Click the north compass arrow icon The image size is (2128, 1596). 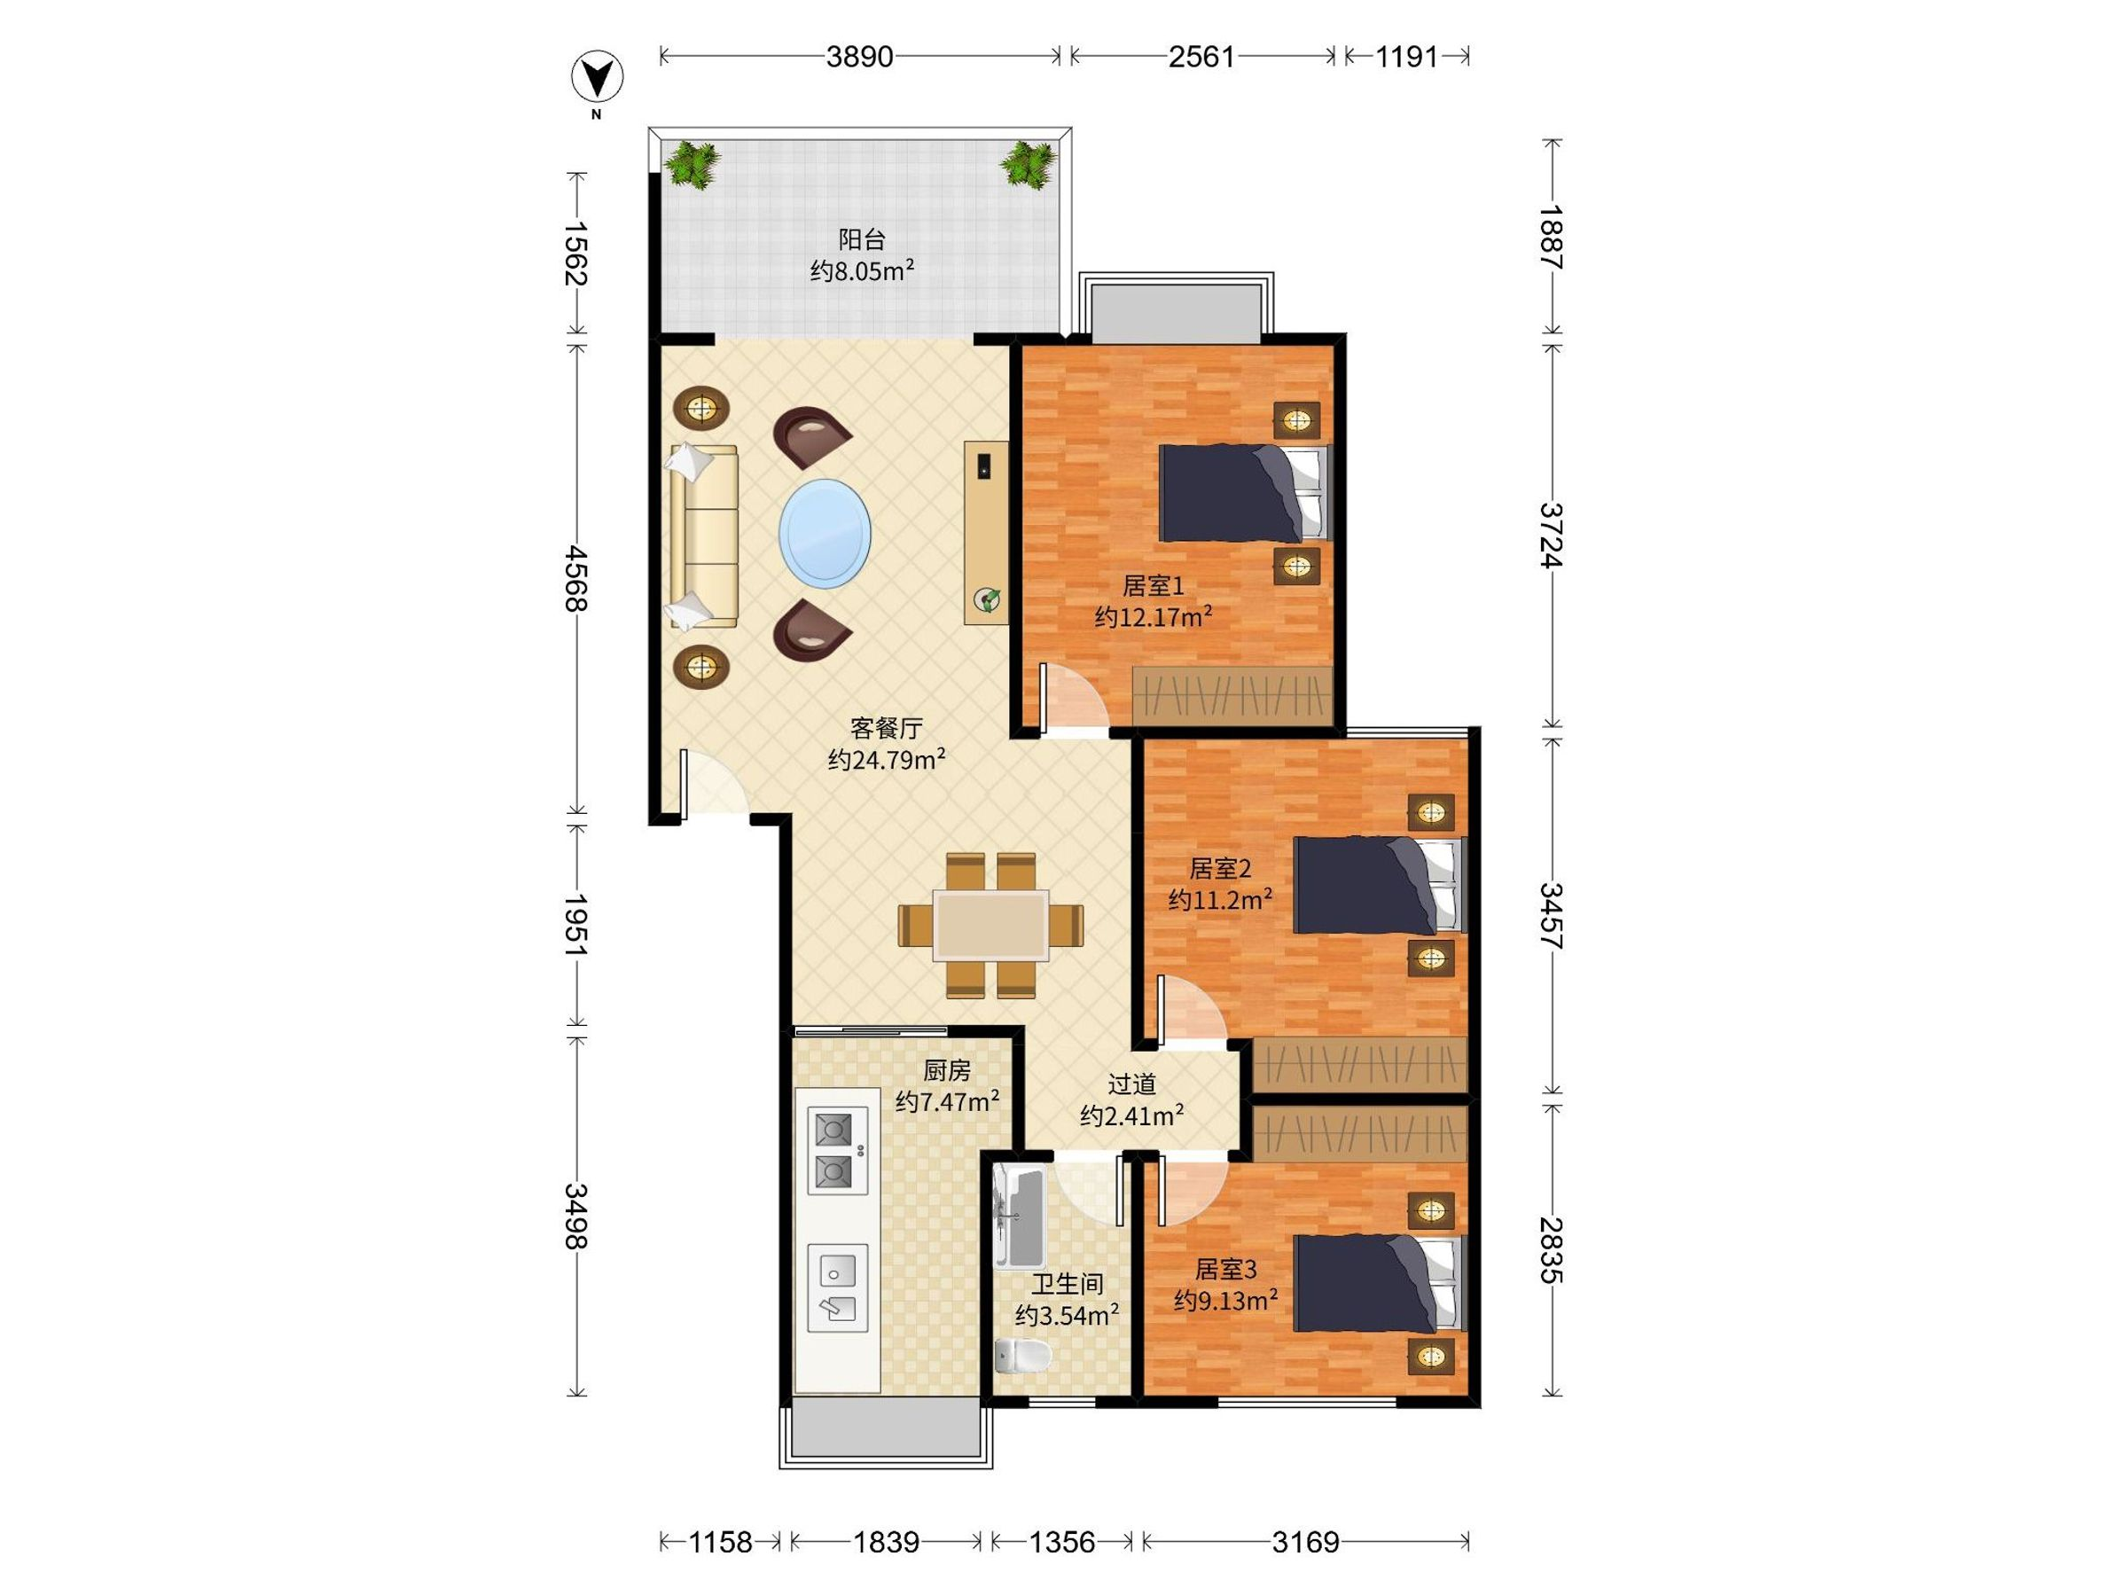pos(598,78)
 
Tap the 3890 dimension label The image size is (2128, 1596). pos(859,57)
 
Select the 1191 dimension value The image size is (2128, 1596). pos(1405,57)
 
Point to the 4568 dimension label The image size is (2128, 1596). pos(576,577)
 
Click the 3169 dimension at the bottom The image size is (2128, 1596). pos(1304,1542)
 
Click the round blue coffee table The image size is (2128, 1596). pos(825,534)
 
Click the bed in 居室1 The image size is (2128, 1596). pos(1244,493)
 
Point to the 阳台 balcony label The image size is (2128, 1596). pos(861,239)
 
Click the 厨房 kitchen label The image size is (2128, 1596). pos(947,1070)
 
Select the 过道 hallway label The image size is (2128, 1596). pos(1131,1084)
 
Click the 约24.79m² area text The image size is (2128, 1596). pos(886,759)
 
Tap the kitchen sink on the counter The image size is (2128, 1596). pos(837,1288)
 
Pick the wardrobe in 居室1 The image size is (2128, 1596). pos(1232,694)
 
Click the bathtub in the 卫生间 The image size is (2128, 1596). pos(1019,1215)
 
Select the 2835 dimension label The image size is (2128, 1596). pos(1551,1249)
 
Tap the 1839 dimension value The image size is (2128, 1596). pos(886,1542)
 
